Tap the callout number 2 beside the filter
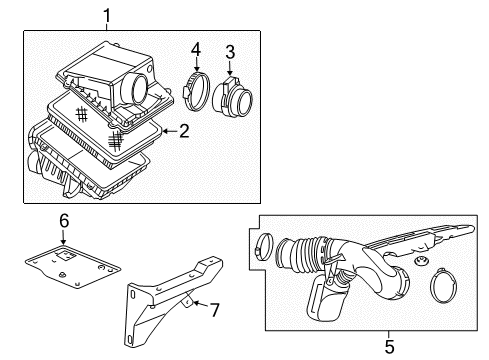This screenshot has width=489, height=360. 183,131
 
